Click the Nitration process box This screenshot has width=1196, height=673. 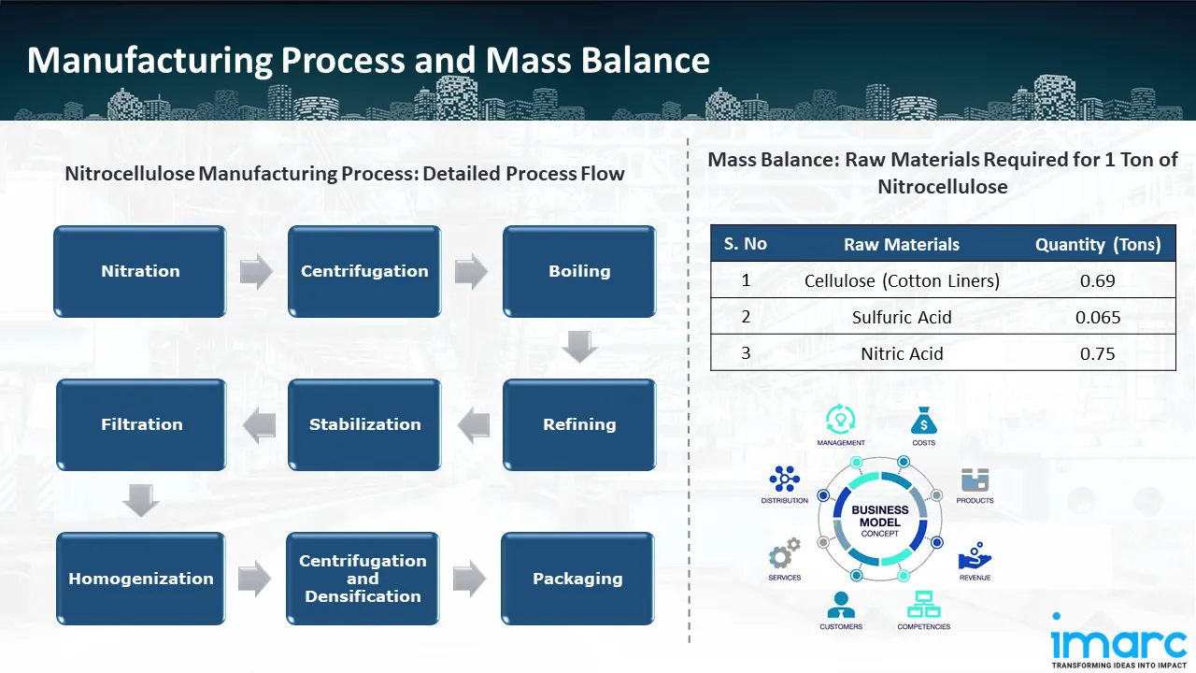pyautogui.click(x=140, y=271)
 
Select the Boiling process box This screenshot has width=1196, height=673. pyautogui.click(x=579, y=271)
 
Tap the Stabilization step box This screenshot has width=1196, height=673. pyautogui.click(x=364, y=424)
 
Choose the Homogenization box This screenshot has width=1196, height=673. pyautogui.click(x=140, y=579)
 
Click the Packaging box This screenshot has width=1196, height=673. pyautogui.click(x=577, y=579)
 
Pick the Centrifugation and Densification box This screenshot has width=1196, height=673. pyautogui.click(x=363, y=579)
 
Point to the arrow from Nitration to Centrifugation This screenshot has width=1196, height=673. pyautogui.click(x=256, y=271)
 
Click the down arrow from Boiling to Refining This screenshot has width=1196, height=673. pyautogui.click(x=579, y=348)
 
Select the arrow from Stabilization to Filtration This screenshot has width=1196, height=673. pyautogui.click(x=259, y=426)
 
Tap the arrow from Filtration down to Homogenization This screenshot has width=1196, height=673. pyautogui.click(x=141, y=501)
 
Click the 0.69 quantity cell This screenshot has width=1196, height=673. pyautogui.click(x=1097, y=280)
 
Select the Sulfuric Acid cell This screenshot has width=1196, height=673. pyautogui.click(x=902, y=317)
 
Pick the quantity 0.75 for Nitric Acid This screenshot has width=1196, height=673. pyautogui.click(x=1097, y=353)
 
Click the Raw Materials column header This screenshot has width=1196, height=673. pyautogui.click(x=902, y=244)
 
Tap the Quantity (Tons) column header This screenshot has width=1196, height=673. pyautogui.click(x=1098, y=244)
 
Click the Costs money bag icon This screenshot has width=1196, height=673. pyautogui.click(x=923, y=421)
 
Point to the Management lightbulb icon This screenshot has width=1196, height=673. pyautogui.click(x=840, y=418)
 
